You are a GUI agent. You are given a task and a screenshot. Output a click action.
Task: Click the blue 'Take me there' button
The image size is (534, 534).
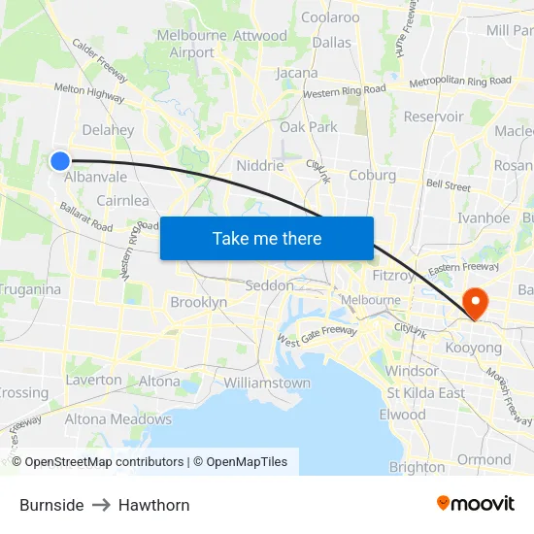pos(267,238)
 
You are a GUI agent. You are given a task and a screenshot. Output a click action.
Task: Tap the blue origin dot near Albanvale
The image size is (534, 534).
pos(60,161)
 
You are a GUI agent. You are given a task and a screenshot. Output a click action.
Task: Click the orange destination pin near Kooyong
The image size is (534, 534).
pos(476,303)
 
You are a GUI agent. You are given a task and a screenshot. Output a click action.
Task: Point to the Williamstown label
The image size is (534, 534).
pos(267,383)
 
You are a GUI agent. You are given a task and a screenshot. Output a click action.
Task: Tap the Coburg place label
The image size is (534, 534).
pos(372,175)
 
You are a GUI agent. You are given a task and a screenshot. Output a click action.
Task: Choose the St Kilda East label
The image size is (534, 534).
pos(425,392)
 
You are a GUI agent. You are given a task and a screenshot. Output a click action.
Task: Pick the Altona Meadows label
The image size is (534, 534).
pos(117,419)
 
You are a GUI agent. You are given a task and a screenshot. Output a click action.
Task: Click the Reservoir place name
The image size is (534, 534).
pos(433,117)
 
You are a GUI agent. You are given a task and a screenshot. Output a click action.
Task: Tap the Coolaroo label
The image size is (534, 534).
pos(330,17)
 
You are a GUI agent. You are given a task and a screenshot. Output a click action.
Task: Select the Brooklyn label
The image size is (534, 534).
pos(198,302)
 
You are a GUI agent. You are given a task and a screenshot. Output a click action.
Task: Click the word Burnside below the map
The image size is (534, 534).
pos(51,505)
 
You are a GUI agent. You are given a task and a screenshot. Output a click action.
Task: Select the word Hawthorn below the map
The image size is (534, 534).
pos(154,505)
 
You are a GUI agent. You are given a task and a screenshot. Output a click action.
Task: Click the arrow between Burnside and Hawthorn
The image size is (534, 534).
pos(101,505)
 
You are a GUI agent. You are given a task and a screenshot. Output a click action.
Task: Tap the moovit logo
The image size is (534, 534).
pos(475,503)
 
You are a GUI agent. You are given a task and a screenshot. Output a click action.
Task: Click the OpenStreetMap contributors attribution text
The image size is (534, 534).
pos(99,462)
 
